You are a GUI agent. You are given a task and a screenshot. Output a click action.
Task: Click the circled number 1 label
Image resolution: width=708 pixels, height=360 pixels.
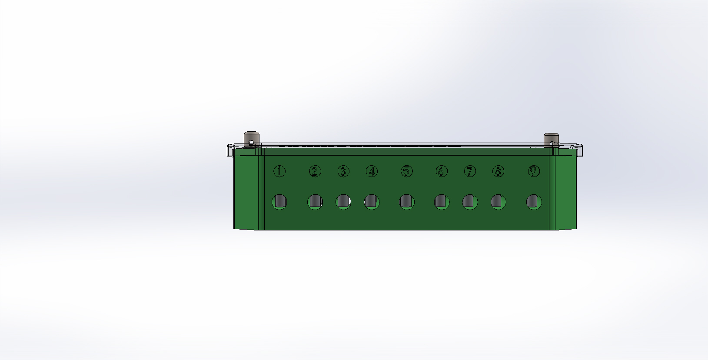(x=279, y=171)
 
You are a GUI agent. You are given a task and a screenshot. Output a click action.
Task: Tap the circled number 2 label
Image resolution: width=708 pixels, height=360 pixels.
(x=315, y=171)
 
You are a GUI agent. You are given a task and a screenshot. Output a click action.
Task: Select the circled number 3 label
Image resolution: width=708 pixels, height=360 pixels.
(x=343, y=171)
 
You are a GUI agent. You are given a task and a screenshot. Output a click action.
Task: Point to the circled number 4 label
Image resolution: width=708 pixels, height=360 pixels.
(x=372, y=171)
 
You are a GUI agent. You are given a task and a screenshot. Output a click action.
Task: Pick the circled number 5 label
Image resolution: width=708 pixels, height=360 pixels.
(x=406, y=171)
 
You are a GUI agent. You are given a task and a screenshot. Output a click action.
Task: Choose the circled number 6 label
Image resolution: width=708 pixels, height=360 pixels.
(x=441, y=171)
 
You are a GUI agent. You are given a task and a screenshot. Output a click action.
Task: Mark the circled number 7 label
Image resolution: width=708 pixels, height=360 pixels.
(x=470, y=171)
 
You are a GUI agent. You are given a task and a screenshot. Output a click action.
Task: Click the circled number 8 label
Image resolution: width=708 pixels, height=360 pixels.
(x=498, y=171)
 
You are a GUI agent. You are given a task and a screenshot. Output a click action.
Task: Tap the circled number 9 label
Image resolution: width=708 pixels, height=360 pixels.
(x=534, y=171)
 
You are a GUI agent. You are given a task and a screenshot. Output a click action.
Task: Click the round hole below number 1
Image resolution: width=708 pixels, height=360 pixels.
(x=279, y=202)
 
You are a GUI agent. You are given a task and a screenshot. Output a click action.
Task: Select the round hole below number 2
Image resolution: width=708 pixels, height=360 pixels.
(x=315, y=202)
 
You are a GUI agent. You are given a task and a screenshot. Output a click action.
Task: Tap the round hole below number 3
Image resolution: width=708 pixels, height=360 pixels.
(x=343, y=202)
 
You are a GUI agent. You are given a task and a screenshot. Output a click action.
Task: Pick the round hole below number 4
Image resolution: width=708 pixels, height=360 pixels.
(x=372, y=202)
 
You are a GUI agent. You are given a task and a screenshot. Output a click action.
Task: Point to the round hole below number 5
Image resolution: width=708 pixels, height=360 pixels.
(x=406, y=202)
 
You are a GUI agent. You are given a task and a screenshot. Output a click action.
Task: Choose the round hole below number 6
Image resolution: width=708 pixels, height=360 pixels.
(x=441, y=202)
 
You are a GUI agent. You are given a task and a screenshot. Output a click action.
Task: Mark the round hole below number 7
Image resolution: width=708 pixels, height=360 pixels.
(x=470, y=202)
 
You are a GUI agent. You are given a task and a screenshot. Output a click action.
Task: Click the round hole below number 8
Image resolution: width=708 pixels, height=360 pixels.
(x=498, y=202)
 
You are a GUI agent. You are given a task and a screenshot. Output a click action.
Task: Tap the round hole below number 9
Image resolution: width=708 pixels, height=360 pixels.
(x=534, y=202)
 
